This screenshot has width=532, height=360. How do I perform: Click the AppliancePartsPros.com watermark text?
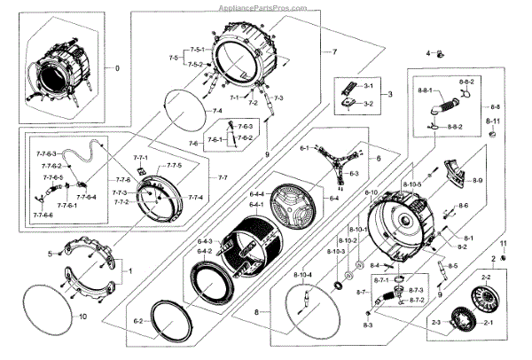point(266,5)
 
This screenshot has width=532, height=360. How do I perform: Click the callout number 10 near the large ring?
point(82,317)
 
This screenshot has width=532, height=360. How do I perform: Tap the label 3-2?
point(368,105)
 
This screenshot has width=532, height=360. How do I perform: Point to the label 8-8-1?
point(426,91)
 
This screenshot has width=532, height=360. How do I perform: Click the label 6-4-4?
point(257,194)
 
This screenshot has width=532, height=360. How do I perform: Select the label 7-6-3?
point(245,128)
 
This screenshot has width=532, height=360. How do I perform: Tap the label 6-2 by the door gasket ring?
point(138,321)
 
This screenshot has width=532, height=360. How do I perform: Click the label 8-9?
point(477,181)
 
